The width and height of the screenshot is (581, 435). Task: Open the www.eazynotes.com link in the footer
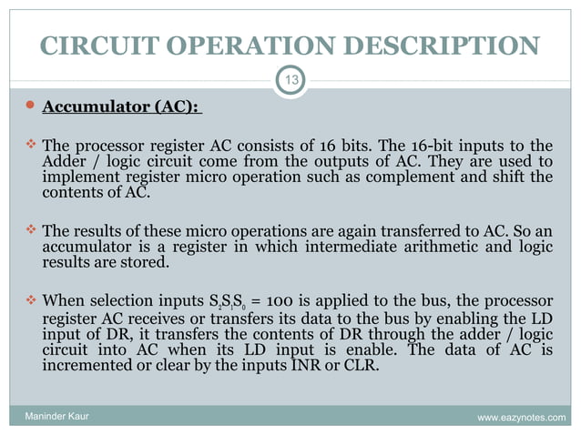pos(520,418)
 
